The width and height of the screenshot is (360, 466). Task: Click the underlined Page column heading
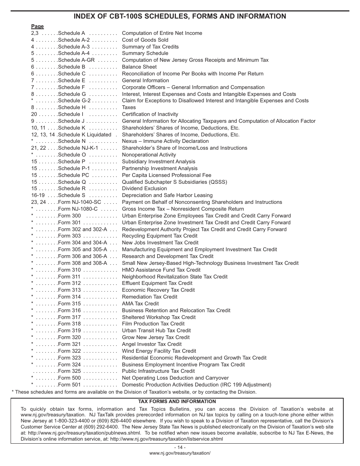(x=37, y=27)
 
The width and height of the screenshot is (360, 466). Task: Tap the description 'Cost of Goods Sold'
(x=145, y=40)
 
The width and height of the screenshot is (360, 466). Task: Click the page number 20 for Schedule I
(x=34, y=114)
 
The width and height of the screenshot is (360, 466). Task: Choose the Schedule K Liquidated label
(x=85, y=134)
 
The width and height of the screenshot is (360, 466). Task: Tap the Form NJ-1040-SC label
(x=80, y=202)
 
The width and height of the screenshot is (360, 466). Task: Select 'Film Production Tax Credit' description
(x=153, y=324)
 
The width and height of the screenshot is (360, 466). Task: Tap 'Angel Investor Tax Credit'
(x=152, y=344)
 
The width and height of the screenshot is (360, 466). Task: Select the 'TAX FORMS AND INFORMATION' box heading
(x=177, y=402)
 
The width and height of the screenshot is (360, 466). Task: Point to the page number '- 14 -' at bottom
(x=180, y=447)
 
